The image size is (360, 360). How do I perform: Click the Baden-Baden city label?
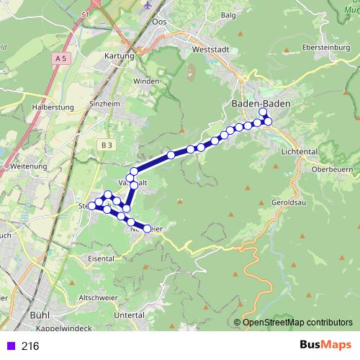coord(261,104)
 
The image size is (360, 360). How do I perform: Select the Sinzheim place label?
coord(106,104)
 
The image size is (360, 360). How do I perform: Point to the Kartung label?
coord(119,55)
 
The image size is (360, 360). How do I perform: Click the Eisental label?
coord(100,257)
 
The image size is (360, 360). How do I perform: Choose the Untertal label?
coord(129,315)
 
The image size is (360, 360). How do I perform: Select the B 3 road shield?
coord(107,145)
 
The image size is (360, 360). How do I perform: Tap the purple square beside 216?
coord(9,346)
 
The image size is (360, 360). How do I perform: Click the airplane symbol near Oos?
coord(149,5)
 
